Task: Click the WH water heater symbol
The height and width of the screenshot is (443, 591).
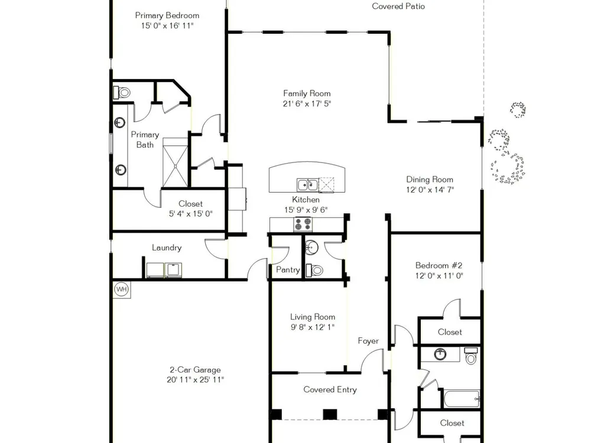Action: [121, 289]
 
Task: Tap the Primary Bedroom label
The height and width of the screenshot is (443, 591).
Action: [167, 15]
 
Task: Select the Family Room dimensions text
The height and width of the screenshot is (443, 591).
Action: [307, 103]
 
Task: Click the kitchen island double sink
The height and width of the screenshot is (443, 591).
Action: [307, 185]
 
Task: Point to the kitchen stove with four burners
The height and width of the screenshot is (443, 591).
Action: [303, 224]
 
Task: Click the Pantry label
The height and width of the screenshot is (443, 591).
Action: [288, 270]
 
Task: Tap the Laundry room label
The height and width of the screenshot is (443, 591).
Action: [167, 247]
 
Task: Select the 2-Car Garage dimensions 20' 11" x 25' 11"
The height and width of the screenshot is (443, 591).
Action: [195, 380]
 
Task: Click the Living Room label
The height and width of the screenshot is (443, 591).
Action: [313, 317]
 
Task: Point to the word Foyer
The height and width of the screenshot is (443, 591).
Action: [368, 341]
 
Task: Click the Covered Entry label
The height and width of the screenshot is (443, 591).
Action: [330, 389]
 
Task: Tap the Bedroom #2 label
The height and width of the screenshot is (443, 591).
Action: [439, 265]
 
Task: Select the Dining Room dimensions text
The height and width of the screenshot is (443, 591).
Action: [430, 190]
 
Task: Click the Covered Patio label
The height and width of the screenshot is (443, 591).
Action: [398, 6]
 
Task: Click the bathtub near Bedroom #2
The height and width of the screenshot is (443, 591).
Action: [462, 399]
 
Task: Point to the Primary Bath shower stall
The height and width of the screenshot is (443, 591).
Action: [175, 162]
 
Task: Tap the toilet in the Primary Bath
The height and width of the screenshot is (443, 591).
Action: [122, 92]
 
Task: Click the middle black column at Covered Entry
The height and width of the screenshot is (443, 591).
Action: [330, 414]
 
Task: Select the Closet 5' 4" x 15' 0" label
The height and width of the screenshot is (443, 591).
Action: [190, 209]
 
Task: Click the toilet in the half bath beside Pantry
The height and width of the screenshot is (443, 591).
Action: [315, 270]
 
